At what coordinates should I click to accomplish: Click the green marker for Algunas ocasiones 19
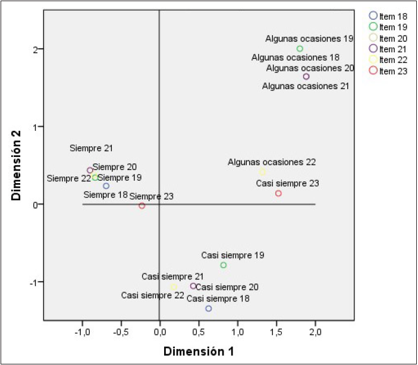300,49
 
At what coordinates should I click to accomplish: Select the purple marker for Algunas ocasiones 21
306,77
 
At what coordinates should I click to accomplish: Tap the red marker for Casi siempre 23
278,193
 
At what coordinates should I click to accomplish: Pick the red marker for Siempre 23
142,206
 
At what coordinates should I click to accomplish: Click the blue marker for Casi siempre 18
209,309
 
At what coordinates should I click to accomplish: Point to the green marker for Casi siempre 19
224,265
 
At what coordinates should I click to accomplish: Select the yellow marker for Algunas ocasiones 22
262,172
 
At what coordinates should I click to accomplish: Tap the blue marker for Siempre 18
106,186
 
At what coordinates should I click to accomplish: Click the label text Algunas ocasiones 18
296,58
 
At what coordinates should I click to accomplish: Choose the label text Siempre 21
91,148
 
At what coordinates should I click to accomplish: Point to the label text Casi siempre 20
227,287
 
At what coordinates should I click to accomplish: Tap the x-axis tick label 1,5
276,330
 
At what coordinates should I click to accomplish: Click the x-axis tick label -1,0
82,330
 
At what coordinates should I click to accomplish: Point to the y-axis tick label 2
35,49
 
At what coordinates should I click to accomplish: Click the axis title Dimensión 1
199,351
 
